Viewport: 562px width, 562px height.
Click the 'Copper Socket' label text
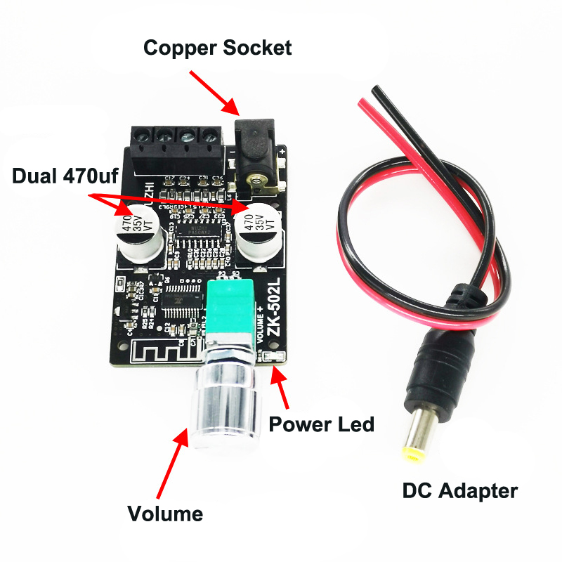[x=217, y=48]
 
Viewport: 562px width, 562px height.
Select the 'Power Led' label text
[x=322, y=424]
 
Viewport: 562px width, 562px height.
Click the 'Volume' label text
[x=165, y=514]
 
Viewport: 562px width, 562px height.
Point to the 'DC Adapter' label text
[x=459, y=490]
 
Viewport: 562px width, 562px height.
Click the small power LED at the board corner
[x=277, y=359]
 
